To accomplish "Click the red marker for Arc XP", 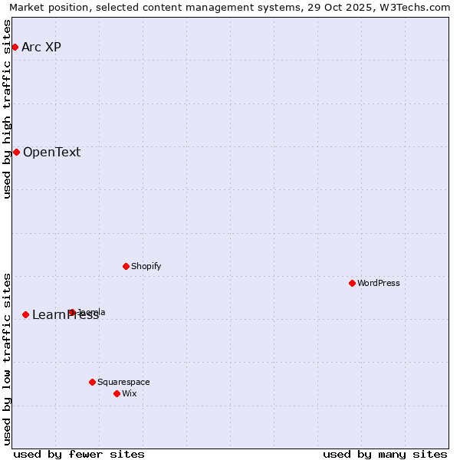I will click(15, 48).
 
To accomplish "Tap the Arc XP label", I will click(41, 48).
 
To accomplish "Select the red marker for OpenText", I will click(16, 152).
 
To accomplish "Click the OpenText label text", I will click(51, 152).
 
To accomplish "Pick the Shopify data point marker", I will click(126, 266).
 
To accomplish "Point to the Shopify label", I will click(146, 266).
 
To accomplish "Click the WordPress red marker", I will click(352, 283).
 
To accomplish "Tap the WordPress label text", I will click(378, 283).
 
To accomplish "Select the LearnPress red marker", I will click(25, 314).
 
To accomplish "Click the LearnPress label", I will click(65, 315).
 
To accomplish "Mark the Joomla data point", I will click(71, 312).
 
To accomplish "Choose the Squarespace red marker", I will click(92, 382).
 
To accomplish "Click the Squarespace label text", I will click(123, 382).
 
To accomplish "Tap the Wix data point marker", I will click(117, 393).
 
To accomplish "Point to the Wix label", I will click(129, 393).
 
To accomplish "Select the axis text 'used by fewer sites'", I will click(79, 454).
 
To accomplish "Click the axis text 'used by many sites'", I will click(385, 454).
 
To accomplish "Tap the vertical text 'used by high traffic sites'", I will click(8, 109).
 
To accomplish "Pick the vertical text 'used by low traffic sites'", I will click(8, 359).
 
